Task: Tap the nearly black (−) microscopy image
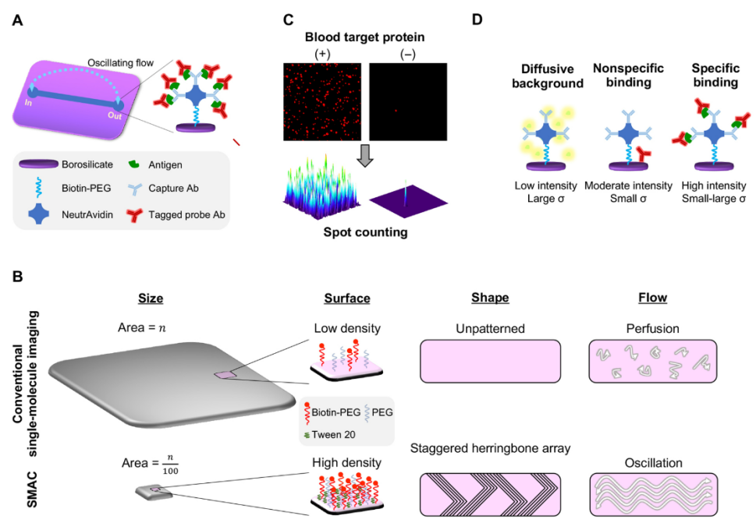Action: [x=408, y=101]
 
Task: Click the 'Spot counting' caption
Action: [x=364, y=231]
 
